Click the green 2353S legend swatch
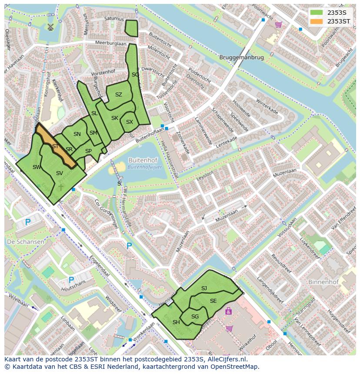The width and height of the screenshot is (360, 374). pyautogui.click(x=316, y=13)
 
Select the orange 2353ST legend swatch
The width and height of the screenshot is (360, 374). pyautogui.click(x=316, y=21)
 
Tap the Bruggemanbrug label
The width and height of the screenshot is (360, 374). pyautogui.click(x=241, y=57)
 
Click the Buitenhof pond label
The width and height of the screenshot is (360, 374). pyautogui.click(x=145, y=160)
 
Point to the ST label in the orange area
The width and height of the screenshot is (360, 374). pyautogui.click(x=55, y=146)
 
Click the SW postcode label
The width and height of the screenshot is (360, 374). pyautogui.click(x=37, y=167)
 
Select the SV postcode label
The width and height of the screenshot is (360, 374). pyautogui.click(x=60, y=173)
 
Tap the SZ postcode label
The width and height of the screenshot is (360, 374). pyautogui.click(x=119, y=95)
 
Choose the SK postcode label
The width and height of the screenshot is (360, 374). pyautogui.click(x=114, y=118)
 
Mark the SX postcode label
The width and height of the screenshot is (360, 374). pyautogui.click(x=129, y=122)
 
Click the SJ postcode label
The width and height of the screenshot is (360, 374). pyautogui.click(x=204, y=288)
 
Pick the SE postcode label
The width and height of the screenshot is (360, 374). pyautogui.click(x=213, y=301)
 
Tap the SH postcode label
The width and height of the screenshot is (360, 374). pyautogui.click(x=176, y=322)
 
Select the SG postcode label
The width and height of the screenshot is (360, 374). pyautogui.click(x=195, y=317)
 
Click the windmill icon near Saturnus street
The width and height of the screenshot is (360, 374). pyautogui.click(x=50, y=27)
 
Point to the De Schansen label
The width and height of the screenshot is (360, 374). pyautogui.click(x=25, y=242)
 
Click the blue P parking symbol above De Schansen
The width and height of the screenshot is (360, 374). pyautogui.click(x=27, y=222)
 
